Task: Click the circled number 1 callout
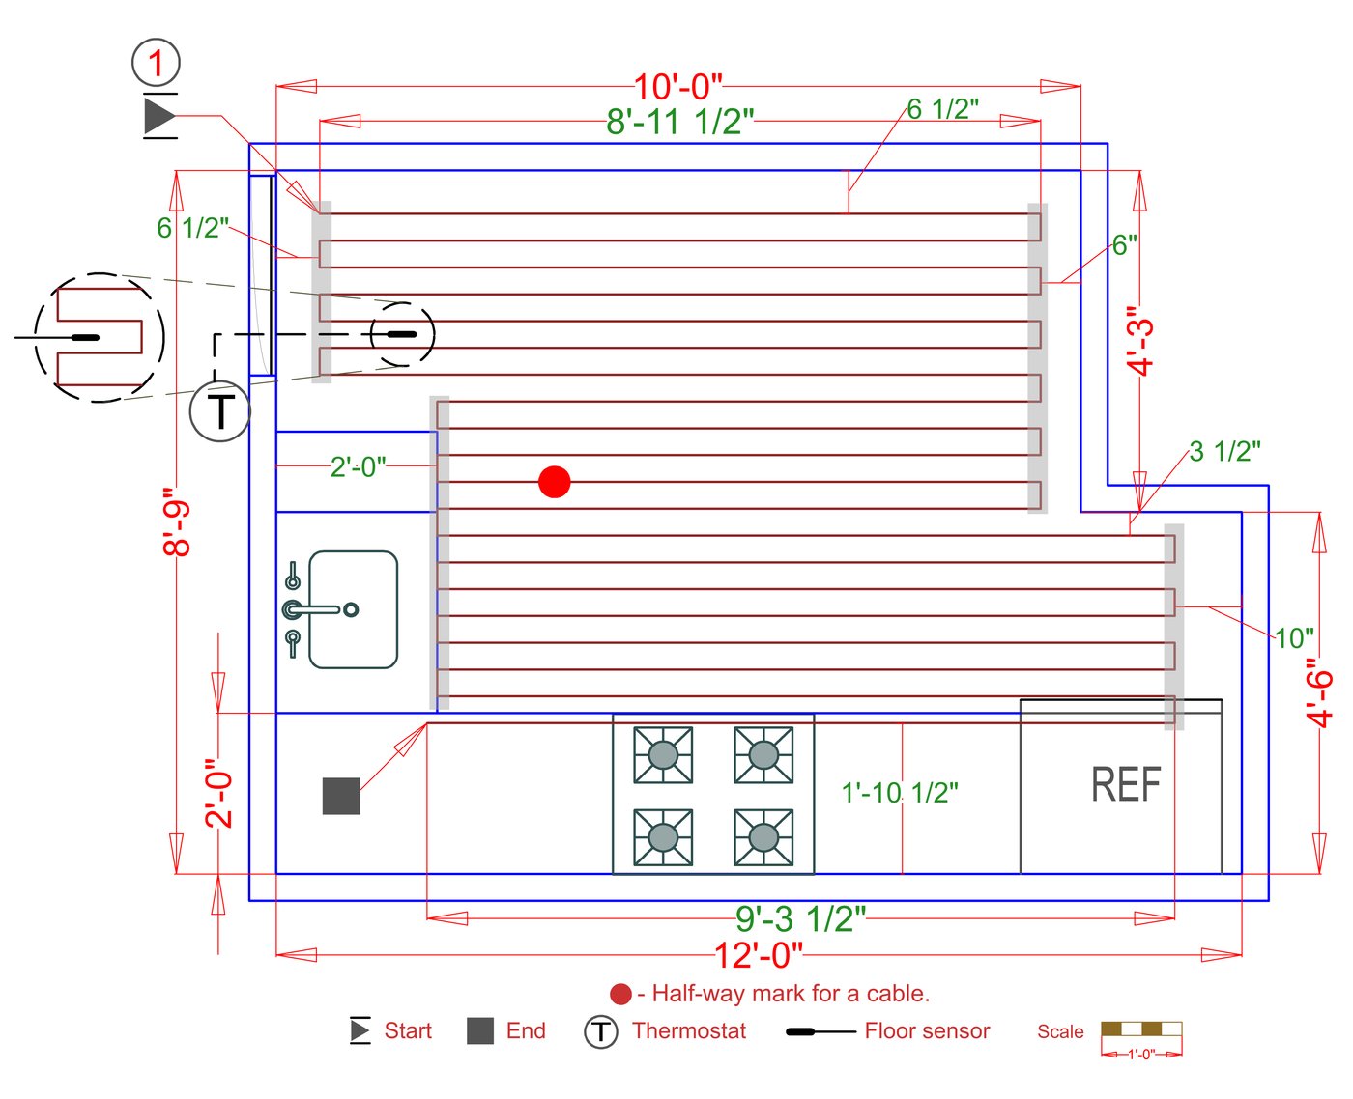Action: pyautogui.click(x=156, y=64)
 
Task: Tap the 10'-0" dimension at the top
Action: pyautogui.click(x=677, y=87)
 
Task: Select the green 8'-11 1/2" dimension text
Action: pyautogui.click(x=679, y=122)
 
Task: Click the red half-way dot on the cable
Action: pyautogui.click(x=555, y=481)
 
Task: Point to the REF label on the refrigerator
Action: pyautogui.click(x=1126, y=784)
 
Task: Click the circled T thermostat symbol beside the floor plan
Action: pyautogui.click(x=220, y=411)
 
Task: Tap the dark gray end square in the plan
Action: pyautogui.click(x=341, y=796)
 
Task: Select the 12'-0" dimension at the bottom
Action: pyautogui.click(x=759, y=955)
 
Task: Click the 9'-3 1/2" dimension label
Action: pyautogui.click(x=800, y=918)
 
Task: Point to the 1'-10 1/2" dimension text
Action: pyautogui.click(x=900, y=793)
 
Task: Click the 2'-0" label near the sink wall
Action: pyautogui.click(x=358, y=467)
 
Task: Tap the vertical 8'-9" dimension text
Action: pyautogui.click(x=178, y=521)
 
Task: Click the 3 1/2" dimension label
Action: pyautogui.click(x=1224, y=451)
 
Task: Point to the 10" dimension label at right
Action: pyautogui.click(x=1294, y=638)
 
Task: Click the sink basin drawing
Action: pyautogui.click(x=354, y=609)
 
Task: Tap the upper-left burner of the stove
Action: pyautogui.click(x=663, y=754)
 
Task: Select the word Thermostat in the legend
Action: pyautogui.click(x=689, y=1030)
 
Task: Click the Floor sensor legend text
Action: pyautogui.click(x=927, y=1030)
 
